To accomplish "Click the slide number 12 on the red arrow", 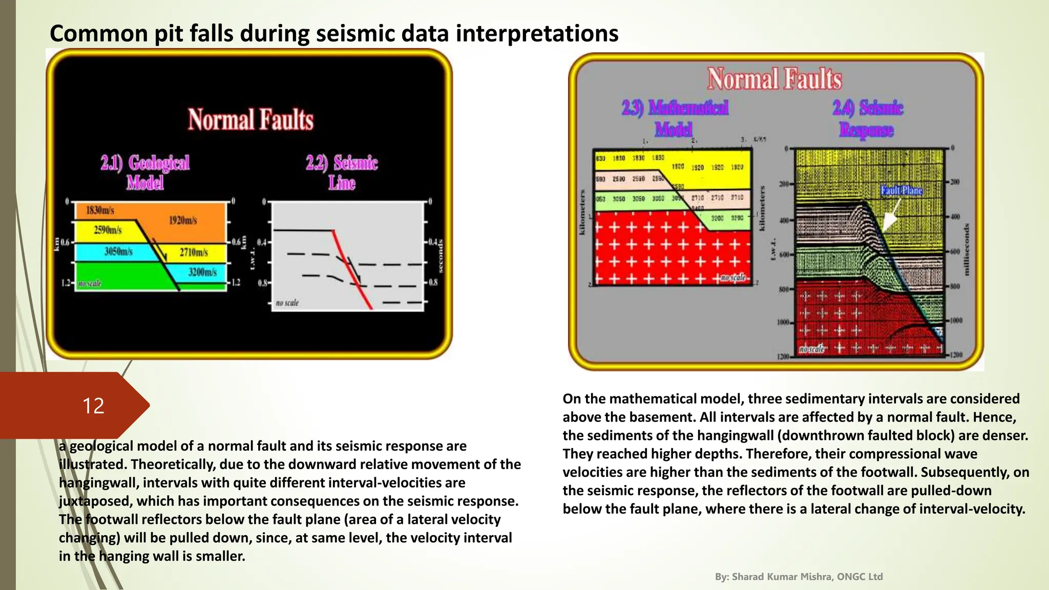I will click(x=93, y=406).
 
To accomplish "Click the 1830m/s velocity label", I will click(x=100, y=210).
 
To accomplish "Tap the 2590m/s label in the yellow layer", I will click(x=108, y=230).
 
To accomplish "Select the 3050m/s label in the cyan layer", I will click(x=118, y=251).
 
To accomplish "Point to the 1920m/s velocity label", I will click(x=183, y=220).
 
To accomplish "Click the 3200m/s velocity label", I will click(x=202, y=272).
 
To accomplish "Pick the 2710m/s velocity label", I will click(x=194, y=252).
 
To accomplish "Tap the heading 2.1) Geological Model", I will click(x=145, y=172).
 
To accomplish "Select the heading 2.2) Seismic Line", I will click(x=342, y=172).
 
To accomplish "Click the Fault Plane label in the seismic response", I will click(x=901, y=191).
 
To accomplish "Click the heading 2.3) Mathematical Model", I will click(x=675, y=118).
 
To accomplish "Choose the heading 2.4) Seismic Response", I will click(x=867, y=118).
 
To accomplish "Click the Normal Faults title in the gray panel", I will click(x=774, y=79).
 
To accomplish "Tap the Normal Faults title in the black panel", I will click(x=250, y=119).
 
